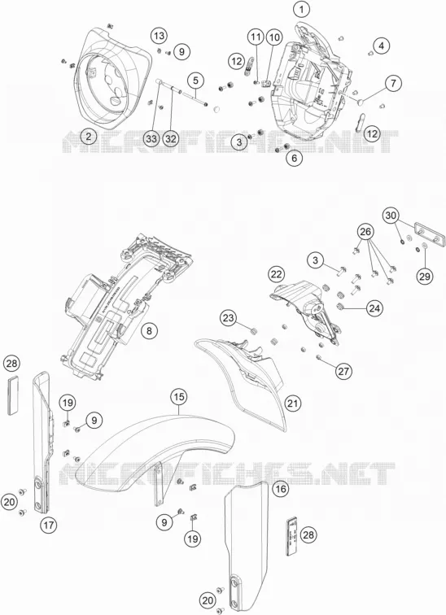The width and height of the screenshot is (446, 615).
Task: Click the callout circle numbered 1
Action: point(301,10)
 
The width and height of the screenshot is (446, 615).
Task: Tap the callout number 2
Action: point(89,137)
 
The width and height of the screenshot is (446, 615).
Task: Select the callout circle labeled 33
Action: point(151,138)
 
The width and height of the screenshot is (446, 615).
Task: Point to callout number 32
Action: point(171,138)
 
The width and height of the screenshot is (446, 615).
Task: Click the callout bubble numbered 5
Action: point(195,81)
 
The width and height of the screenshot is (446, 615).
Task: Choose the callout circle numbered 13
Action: point(159,36)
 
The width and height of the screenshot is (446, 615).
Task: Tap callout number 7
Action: point(393,83)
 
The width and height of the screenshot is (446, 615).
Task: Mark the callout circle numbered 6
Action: point(295,158)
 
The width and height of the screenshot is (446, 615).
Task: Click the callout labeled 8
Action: point(149,330)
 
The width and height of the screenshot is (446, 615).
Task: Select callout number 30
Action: point(391,216)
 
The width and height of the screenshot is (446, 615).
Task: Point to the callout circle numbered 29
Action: point(424,276)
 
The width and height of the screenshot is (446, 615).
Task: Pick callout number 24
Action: point(374,308)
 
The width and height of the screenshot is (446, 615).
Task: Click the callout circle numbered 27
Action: point(343,371)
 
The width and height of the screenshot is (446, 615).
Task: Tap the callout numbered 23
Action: point(229,318)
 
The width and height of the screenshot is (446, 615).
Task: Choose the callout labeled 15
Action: point(178,397)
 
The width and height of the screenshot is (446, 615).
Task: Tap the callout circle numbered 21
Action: point(293,403)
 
